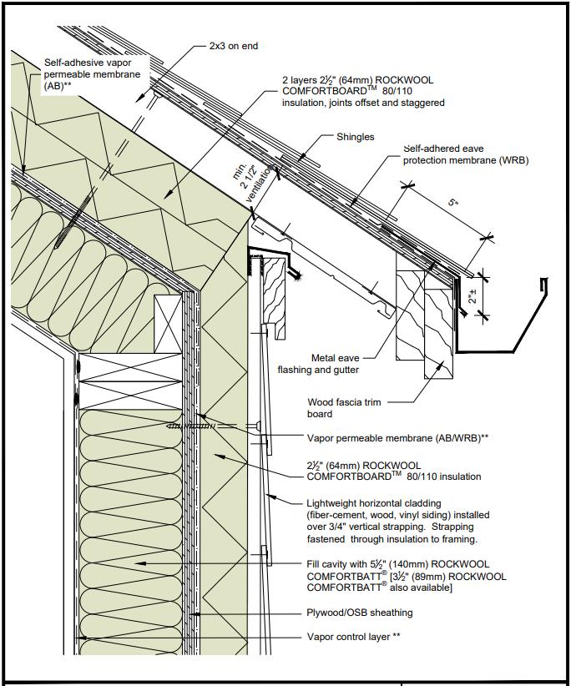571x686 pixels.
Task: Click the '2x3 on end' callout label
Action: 233,46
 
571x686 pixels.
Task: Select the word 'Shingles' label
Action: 356,137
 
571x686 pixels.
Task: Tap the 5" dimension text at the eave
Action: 451,203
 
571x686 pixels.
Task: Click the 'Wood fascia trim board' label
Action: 344,408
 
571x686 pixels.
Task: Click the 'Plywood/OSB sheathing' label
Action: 360,613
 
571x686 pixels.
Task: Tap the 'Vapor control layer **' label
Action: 353,637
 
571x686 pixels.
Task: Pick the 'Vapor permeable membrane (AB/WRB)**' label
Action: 397,437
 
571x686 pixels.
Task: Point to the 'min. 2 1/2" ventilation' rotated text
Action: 255,179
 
